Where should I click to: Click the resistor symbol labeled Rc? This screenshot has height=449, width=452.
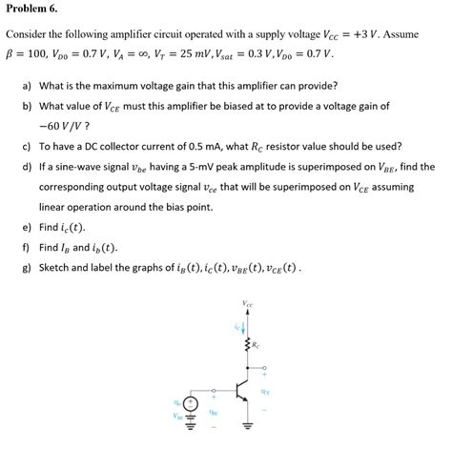(251, 344)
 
